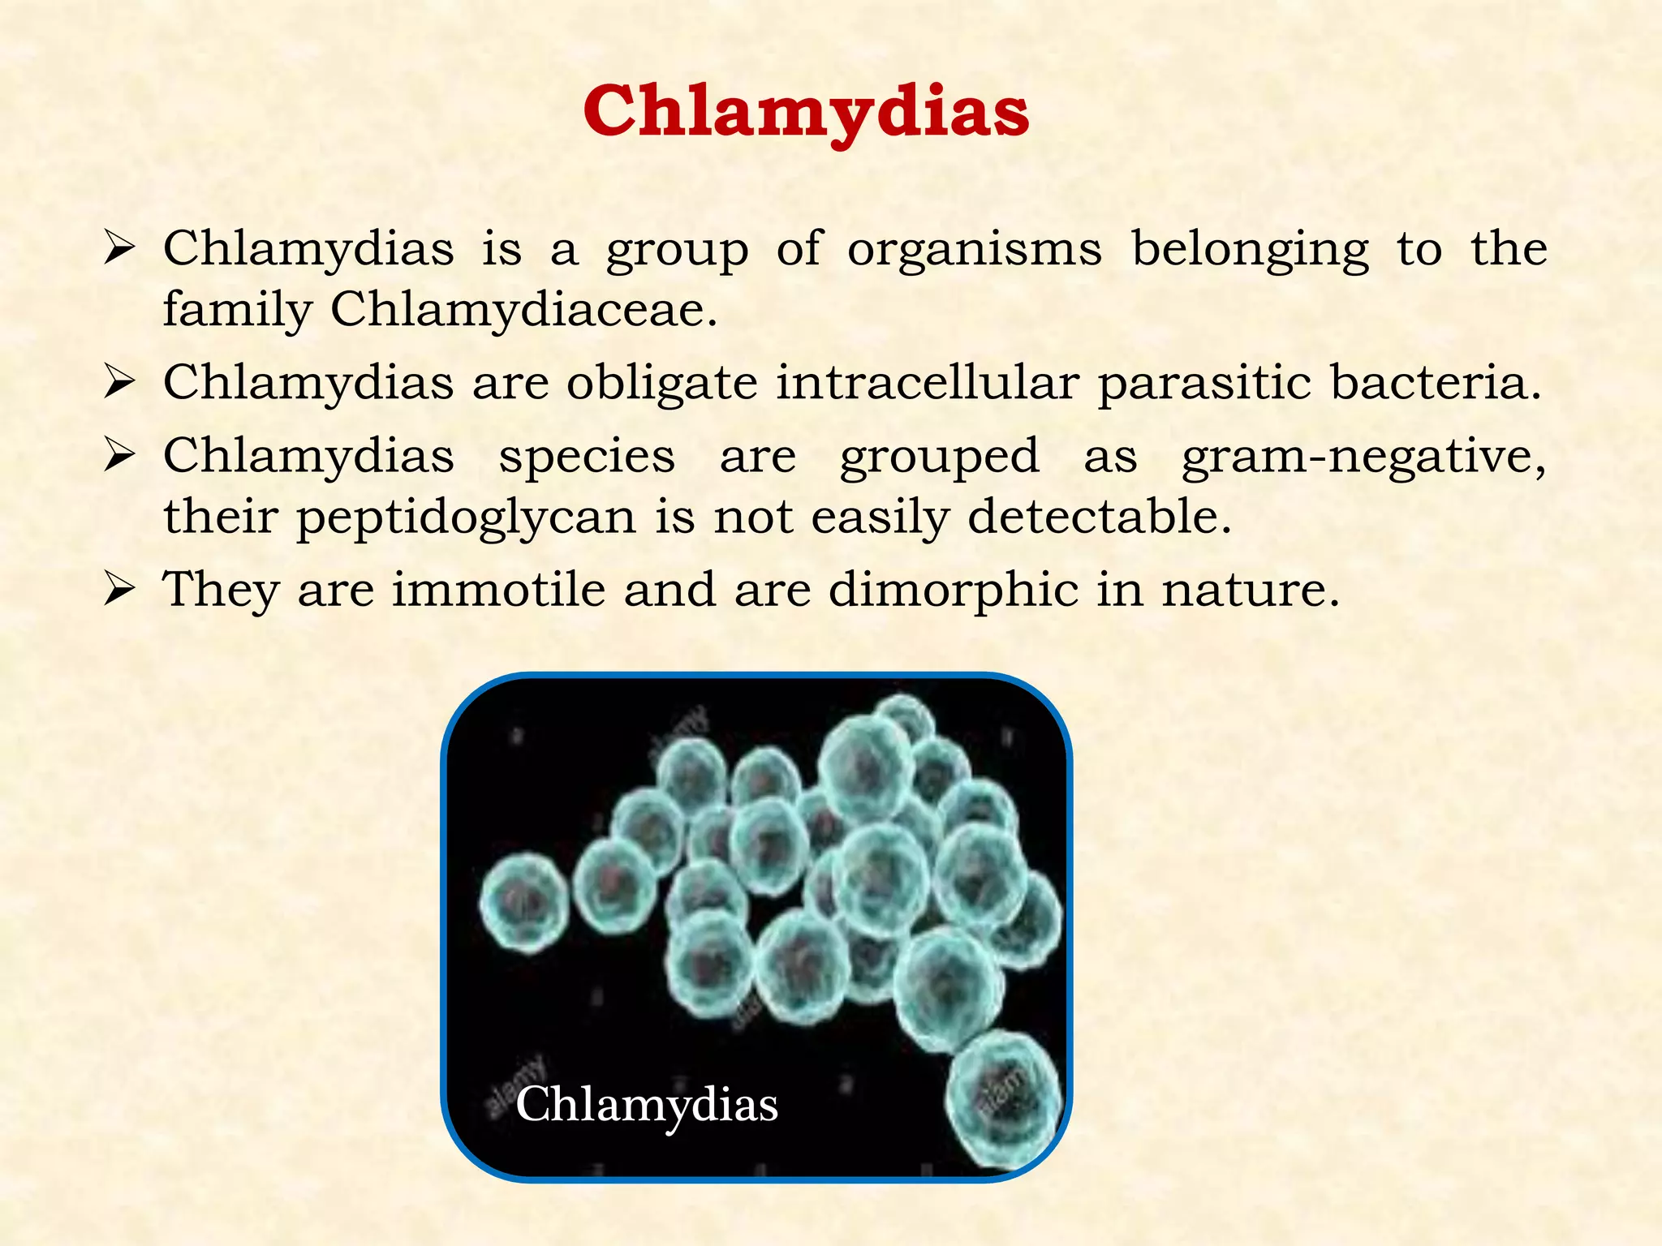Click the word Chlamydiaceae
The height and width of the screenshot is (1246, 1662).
pos(523,309)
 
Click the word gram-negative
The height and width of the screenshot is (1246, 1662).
pos(1363,456)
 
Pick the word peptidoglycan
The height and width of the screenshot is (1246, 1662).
pos(466,518)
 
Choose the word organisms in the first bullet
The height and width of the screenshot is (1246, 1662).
pos(975,249)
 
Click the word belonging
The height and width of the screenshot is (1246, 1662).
pos(1250,249)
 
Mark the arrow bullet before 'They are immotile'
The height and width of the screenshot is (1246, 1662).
pos(118,590)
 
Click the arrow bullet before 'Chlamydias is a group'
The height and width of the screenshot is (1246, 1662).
pos(118,249)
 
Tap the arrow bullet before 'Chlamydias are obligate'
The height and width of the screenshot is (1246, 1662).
pos(118,383)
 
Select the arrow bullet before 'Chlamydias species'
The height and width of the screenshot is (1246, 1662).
pos(118,457)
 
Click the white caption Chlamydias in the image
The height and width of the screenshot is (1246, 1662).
pos(647,1104)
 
